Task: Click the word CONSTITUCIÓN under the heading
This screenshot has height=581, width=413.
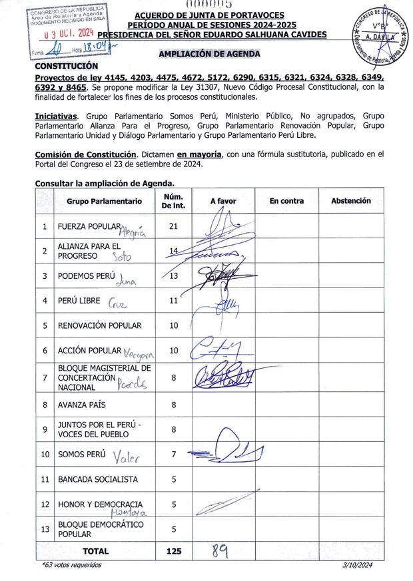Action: click(66, 66)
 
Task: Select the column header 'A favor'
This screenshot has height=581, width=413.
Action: click(223, 201)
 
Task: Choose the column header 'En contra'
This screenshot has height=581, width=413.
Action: click(286, 201)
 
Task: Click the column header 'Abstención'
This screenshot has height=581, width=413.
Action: click(351, 201)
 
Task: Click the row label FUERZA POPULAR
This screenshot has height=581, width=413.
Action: click(89, 226)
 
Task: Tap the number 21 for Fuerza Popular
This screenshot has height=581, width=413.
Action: click(174, 226)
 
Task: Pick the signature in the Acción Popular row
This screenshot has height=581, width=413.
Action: click(216, 349)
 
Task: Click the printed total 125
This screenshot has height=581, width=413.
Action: click(173, 551)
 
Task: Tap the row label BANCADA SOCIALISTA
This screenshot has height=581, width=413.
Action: click(98, 479)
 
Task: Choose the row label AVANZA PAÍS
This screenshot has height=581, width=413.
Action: click(82, 404)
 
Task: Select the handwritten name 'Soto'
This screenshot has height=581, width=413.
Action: click(122, 257)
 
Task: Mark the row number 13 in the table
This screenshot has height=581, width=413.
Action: click(45, 529)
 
